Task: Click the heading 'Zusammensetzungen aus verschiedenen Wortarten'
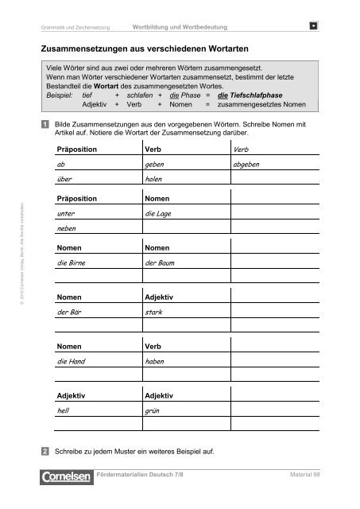pos(144,49)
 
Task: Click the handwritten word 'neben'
pos(68,229)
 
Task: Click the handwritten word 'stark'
pos(154,313)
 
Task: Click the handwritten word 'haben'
pos(156,363)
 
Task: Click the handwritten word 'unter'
pos(68,214)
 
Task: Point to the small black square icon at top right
pos(315,29)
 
